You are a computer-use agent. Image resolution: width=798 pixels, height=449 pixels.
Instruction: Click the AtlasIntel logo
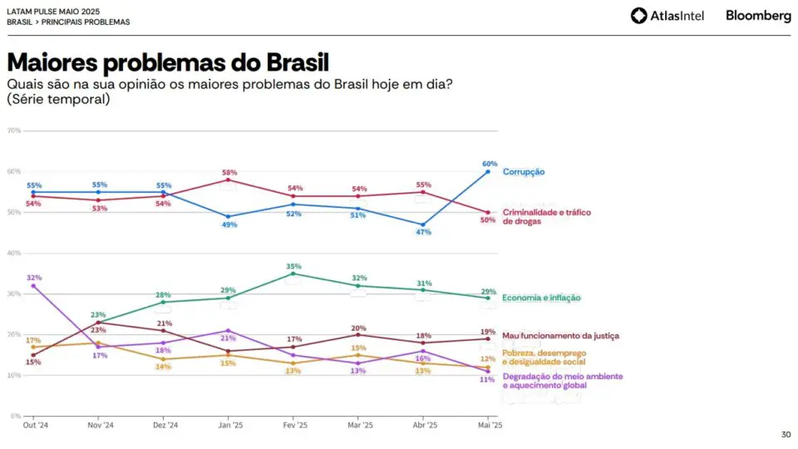coord(667,16)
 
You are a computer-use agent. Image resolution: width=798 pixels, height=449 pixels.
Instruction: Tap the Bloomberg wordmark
coord(758,16)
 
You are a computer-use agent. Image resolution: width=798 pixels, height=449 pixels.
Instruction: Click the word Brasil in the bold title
coord(298,62)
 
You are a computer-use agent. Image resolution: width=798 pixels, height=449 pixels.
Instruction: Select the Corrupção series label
coord(524,172)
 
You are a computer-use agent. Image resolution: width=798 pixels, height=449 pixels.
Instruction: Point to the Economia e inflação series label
coord(541,298)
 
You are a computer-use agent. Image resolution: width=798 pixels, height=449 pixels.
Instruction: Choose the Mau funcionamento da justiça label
coord(561,336)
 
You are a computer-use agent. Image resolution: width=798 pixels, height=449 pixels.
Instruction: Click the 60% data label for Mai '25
coord(490,164)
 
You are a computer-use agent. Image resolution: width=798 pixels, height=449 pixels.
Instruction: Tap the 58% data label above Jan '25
coord(229,173)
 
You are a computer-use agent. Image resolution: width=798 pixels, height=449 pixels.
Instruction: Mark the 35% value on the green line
coord(293,266)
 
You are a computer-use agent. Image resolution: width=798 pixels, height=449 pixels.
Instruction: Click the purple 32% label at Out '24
coord(34,278)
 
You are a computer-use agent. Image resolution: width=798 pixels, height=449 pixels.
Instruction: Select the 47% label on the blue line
coord(423,232)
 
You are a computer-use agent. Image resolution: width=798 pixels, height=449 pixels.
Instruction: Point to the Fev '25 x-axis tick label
coord(295,425)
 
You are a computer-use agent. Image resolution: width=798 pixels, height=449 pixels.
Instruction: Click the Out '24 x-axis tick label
coord(35,425)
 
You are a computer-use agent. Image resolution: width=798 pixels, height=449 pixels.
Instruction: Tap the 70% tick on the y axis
coord(14,131)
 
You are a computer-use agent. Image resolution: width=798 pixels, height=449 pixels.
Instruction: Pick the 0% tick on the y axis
coord(15,416)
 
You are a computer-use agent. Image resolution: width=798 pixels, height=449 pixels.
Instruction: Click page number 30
coord(786,434)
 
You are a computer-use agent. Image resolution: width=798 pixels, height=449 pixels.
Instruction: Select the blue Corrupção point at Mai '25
coord(488,171)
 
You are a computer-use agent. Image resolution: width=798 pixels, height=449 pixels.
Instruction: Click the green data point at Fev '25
coord(293,274)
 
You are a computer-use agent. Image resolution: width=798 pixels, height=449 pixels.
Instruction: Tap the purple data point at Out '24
coord(33,286)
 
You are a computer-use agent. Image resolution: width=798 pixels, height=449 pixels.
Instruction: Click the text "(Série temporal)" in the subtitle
coord(58,99)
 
